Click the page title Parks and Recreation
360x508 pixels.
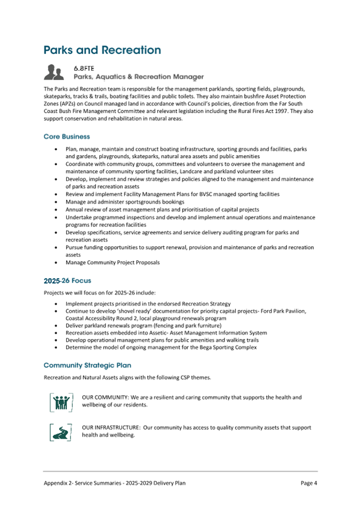102,50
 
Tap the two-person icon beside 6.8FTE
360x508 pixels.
55,72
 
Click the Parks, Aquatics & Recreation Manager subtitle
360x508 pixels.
139,77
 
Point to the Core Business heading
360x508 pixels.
67,136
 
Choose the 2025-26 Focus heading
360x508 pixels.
67,280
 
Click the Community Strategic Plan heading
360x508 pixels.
87,365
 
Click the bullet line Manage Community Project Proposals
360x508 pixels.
113,263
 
